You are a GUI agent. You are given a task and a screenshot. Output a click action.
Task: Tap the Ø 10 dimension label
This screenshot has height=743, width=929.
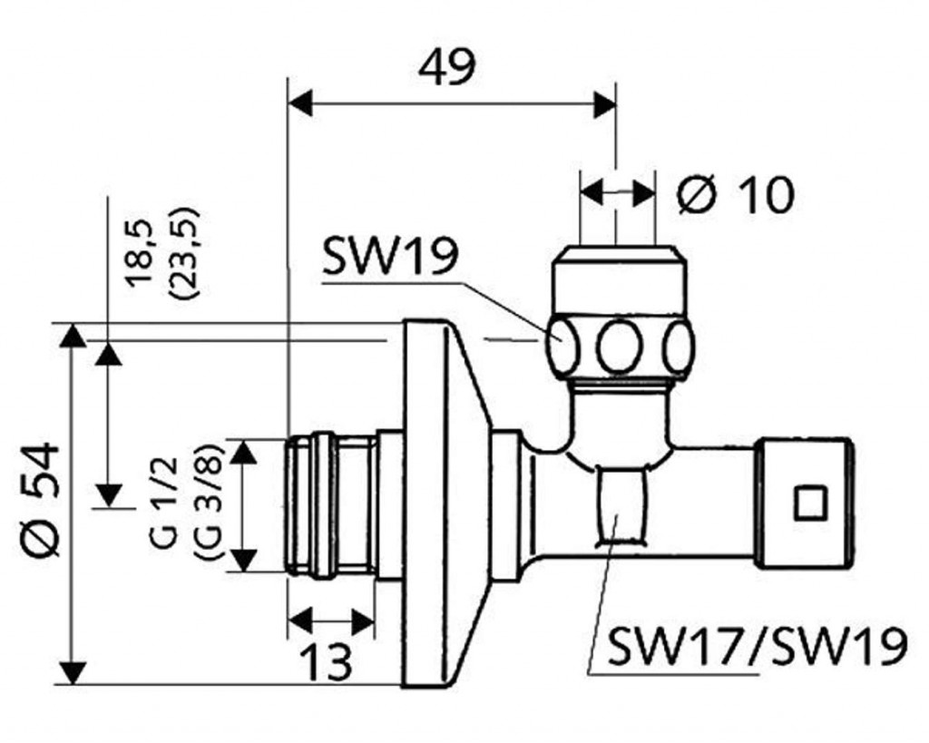tap(736, 193)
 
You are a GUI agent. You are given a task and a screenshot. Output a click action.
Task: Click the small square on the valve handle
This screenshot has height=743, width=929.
tap(809, 503)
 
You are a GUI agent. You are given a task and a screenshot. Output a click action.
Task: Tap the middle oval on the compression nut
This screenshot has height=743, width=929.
tap(620, 347)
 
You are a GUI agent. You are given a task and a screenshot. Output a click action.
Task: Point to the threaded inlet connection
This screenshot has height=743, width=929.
tap(330, 505)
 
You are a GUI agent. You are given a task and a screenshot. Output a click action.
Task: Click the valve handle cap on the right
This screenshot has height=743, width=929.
tap(804, 503)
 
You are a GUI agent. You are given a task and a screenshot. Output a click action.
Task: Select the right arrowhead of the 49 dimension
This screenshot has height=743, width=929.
tap(605, 103)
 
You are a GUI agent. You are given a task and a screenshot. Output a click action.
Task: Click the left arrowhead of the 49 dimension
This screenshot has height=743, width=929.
tap(299, 103)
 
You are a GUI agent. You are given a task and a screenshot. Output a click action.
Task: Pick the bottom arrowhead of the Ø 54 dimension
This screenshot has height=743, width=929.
tap(73, 672)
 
